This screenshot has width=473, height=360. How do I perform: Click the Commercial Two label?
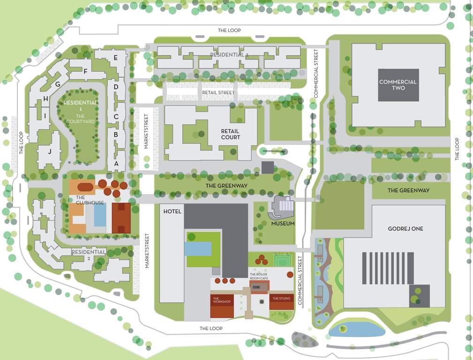coord(398,85)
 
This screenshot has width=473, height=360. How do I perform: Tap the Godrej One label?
coord(405,229)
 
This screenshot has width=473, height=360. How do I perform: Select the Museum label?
coord(283,224)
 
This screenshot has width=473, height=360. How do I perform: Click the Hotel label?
coord(172,212)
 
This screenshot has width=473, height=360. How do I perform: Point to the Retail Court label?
coord(230,134)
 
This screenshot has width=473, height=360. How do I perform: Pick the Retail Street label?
coord(218,93)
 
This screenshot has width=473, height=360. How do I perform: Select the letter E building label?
coord(115,59)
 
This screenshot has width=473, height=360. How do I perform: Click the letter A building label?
coord(116,164)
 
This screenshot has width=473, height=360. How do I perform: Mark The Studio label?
coord(281,299)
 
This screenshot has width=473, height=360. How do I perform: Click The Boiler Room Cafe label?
coord(259,277)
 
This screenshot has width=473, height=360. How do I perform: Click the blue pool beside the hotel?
coord(198,248)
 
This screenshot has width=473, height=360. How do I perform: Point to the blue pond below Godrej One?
coord(357,330)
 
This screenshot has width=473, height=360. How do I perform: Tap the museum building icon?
coord(283,207)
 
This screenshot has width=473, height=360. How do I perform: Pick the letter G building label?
coord(58,84)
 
